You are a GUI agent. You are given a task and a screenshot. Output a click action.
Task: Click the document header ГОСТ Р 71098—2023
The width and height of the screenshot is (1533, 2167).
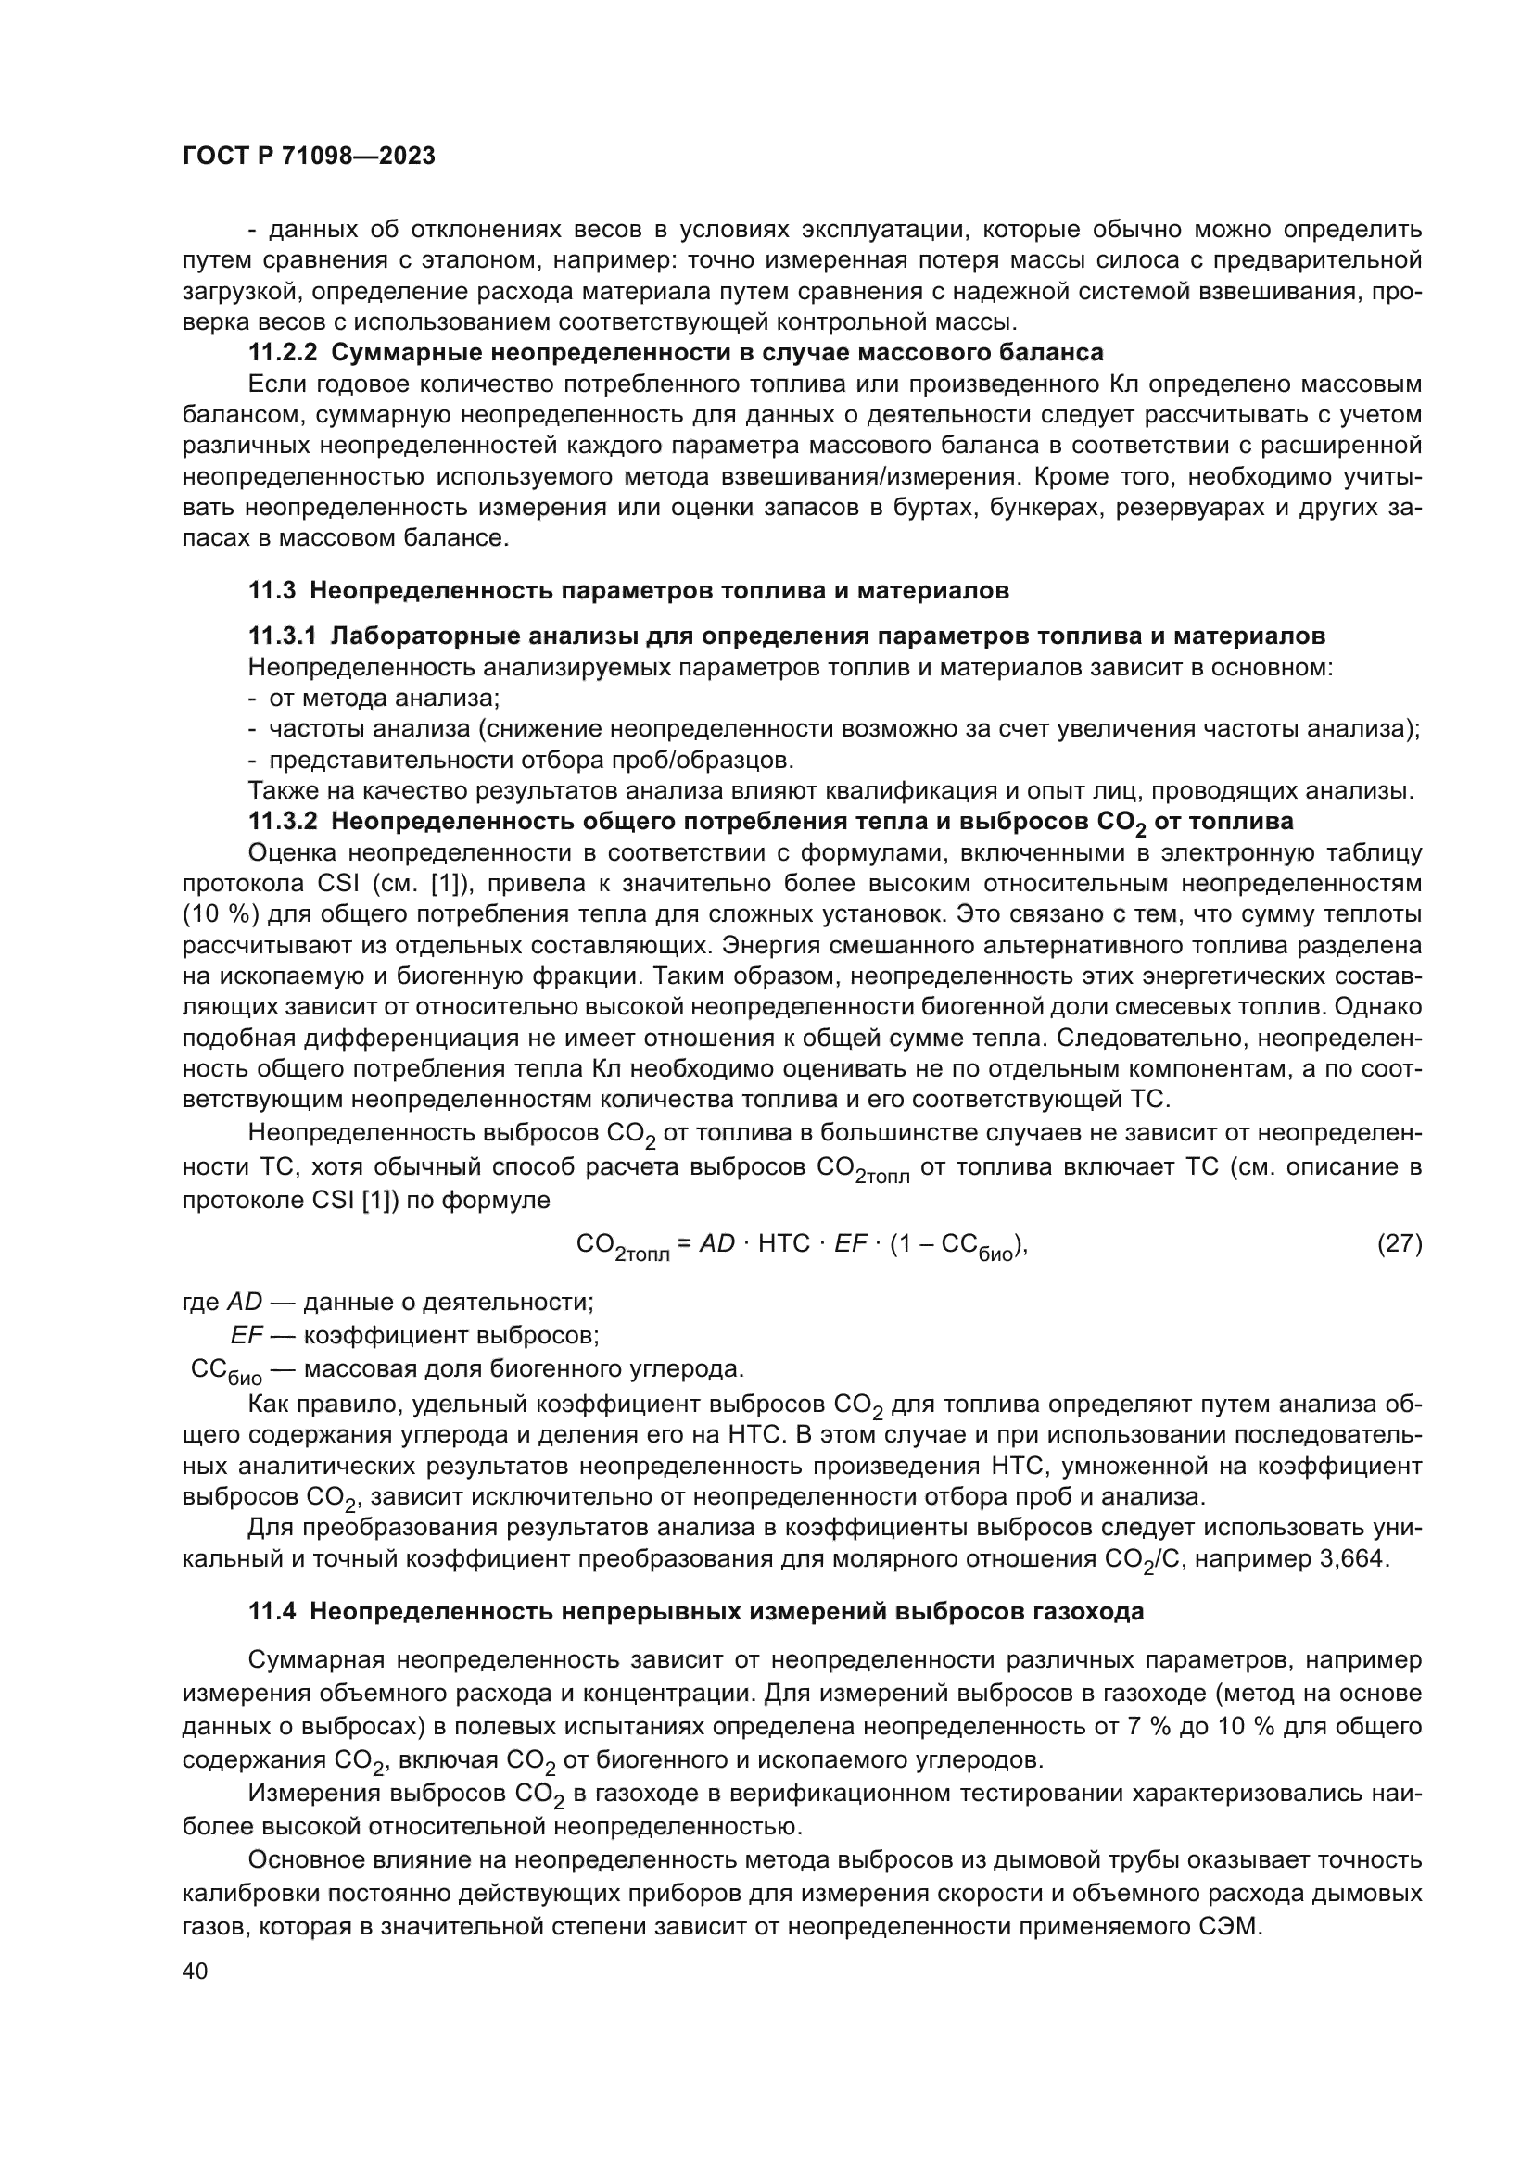[x=309, y=157]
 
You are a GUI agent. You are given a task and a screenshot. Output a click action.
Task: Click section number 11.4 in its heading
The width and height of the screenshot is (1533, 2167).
[x=272, y=1611]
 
